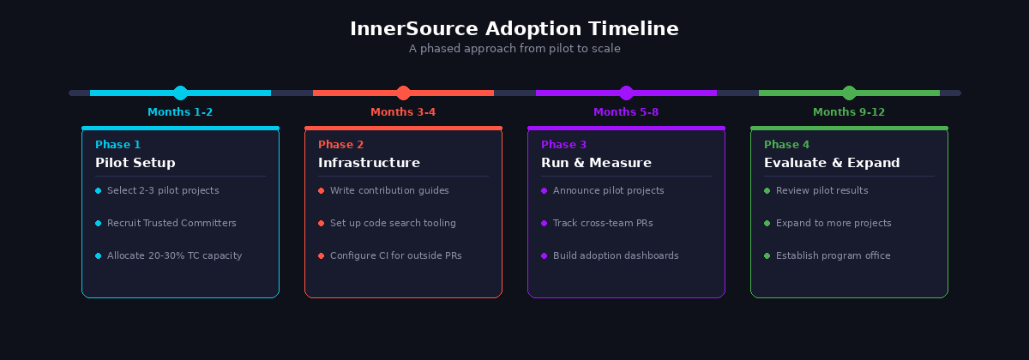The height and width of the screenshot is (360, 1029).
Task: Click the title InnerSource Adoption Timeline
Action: pos(514,29)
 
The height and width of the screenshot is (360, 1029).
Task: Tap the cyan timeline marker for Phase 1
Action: pos(180,93)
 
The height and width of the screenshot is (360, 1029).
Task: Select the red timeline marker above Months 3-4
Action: pos(403,93)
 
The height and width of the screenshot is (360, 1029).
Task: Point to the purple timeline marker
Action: pos(626,93)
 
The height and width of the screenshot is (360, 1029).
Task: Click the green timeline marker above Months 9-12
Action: pos(849,93)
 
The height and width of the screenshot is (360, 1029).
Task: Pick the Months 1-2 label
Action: pos(180,112)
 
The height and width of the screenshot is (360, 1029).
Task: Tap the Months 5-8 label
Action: pos(626,112)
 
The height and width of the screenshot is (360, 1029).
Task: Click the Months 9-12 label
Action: pos(849,112)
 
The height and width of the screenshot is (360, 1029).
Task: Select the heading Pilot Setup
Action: pos(135,163)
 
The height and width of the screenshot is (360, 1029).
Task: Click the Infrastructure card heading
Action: pos(369,163)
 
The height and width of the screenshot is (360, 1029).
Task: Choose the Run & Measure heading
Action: pos(596,163)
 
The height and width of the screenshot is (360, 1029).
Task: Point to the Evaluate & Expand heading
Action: pos(832,163)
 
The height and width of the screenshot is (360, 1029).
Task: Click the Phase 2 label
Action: pos(340,145)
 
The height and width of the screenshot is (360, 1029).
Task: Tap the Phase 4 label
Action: pos(786,145)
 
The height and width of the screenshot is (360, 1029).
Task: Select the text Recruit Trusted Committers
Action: pos(171,223)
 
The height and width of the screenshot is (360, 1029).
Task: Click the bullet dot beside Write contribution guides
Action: pos(321,190)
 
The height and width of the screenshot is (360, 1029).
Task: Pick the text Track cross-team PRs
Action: pos(603,223)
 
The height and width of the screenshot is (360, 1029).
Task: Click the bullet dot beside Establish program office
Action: pos(767,255)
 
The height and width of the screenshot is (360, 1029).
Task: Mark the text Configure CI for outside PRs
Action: pos(395,255)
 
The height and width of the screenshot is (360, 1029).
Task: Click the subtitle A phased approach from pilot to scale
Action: pos(514,49)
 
